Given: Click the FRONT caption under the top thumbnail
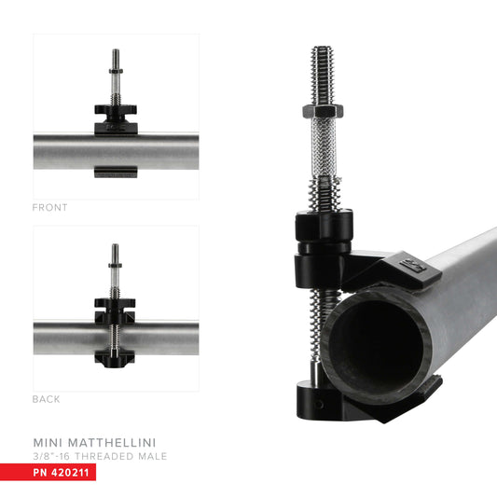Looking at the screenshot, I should click(50, 207).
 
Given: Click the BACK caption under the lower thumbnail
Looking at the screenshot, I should click(47, 399).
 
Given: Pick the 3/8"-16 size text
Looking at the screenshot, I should click(56, 455).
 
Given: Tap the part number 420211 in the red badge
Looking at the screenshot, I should click(73, 473).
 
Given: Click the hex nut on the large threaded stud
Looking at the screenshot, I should click(323, 111).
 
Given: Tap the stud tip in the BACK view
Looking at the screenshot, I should click(116, 247).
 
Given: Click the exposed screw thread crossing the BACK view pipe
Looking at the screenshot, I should click(116, 337).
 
